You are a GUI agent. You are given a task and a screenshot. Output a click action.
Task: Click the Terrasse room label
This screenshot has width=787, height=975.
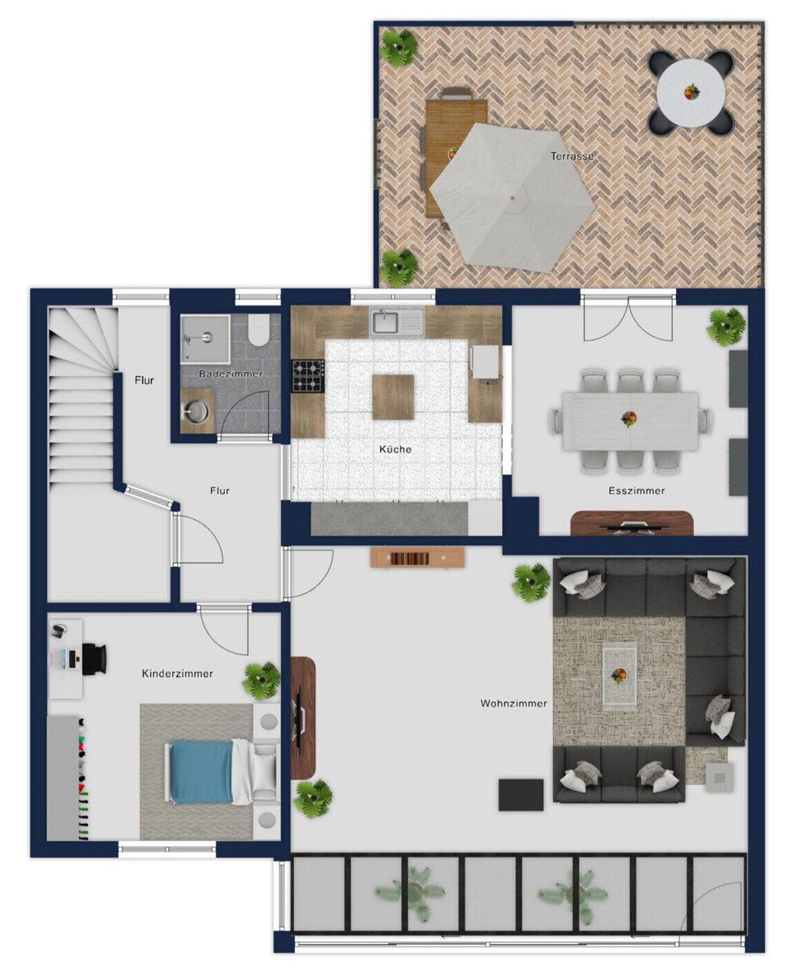(x=571, y=156)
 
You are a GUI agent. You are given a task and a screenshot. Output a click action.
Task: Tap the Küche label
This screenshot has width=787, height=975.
(x=395, y=449)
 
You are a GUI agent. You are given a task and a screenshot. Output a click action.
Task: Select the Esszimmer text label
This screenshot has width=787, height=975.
(x=636, y=490)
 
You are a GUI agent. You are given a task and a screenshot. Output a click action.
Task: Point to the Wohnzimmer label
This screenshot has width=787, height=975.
(x=513, y=703)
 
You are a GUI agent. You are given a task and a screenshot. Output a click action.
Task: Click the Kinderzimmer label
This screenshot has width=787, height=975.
(x=177, y=674)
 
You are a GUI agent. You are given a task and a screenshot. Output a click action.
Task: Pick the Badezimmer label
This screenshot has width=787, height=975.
(x=231, y=374)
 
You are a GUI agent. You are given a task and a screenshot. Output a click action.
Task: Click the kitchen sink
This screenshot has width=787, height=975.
(x=396, y=321)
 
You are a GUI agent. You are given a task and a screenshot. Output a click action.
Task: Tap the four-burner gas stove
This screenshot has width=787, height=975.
(x=309, y=375)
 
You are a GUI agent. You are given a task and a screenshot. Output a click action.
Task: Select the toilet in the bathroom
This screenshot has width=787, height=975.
(x=258, y=330)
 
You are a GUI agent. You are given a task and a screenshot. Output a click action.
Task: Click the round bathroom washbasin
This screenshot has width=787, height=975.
(x=197, y=411)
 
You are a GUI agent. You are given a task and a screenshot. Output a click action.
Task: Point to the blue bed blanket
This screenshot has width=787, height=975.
(x=201, y=771)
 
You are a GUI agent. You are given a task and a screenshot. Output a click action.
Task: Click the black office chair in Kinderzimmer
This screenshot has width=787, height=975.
(x=94, y=659)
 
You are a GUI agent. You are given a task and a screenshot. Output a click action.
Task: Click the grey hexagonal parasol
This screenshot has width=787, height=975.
(x=512, y=197)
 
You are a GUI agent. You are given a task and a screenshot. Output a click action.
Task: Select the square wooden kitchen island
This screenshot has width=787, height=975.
(x=393, y=396)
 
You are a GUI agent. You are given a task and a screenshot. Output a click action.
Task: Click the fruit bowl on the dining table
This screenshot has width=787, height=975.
(x=629, y=418)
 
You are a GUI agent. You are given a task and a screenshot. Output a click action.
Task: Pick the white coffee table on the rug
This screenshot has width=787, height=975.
(x=619, y=675)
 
